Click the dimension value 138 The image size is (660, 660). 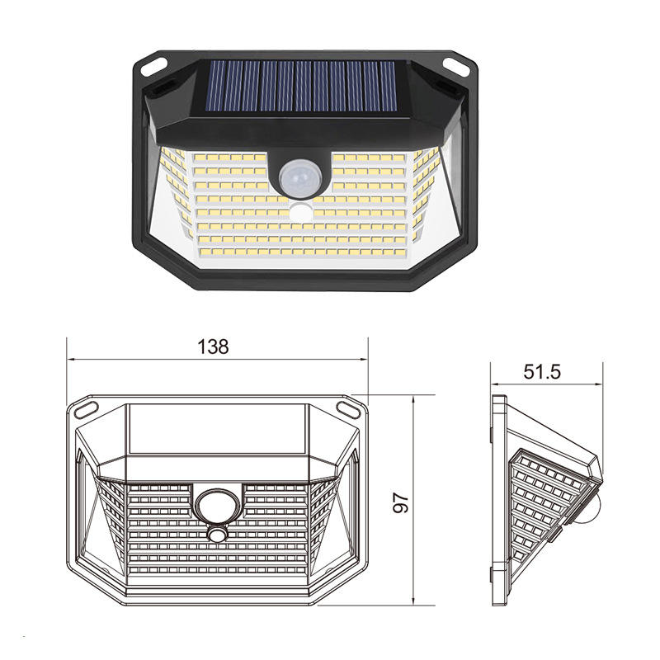pos(213,346)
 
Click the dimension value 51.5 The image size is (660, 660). pos(542,371)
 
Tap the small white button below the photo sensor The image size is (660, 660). pos(299,212)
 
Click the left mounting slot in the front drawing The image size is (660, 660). pos(85,408)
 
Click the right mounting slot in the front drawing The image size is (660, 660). pos(347,408)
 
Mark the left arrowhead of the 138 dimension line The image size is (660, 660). pos(72,359)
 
